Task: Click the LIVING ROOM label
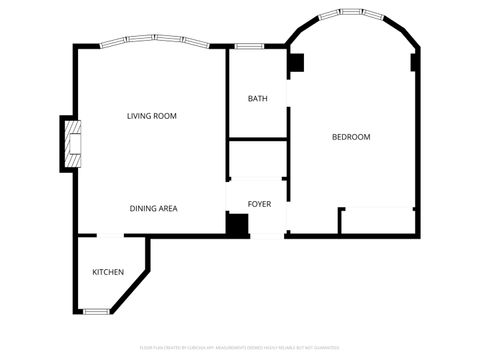click(152, 116)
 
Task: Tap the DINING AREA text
click(153, 208)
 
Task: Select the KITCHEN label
click(108, 272)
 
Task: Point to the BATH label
click(257, 99)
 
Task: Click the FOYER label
click(259, 202)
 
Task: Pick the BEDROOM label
click(351, 137)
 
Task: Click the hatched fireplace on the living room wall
click(72, 143)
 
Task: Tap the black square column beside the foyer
click(237, 225)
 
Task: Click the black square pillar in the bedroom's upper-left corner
click(295, 62)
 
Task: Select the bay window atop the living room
click(153, 42)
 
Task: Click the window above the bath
click(249, 46)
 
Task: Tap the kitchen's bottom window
click(95, 311)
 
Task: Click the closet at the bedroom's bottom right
click(378, 221)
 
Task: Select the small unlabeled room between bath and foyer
click(257, 158)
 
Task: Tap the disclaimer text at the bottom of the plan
click(240, 348)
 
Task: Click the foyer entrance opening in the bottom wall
click(267, 236)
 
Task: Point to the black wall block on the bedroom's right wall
click(415, 62)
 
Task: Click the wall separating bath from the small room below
click(257, 138)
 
